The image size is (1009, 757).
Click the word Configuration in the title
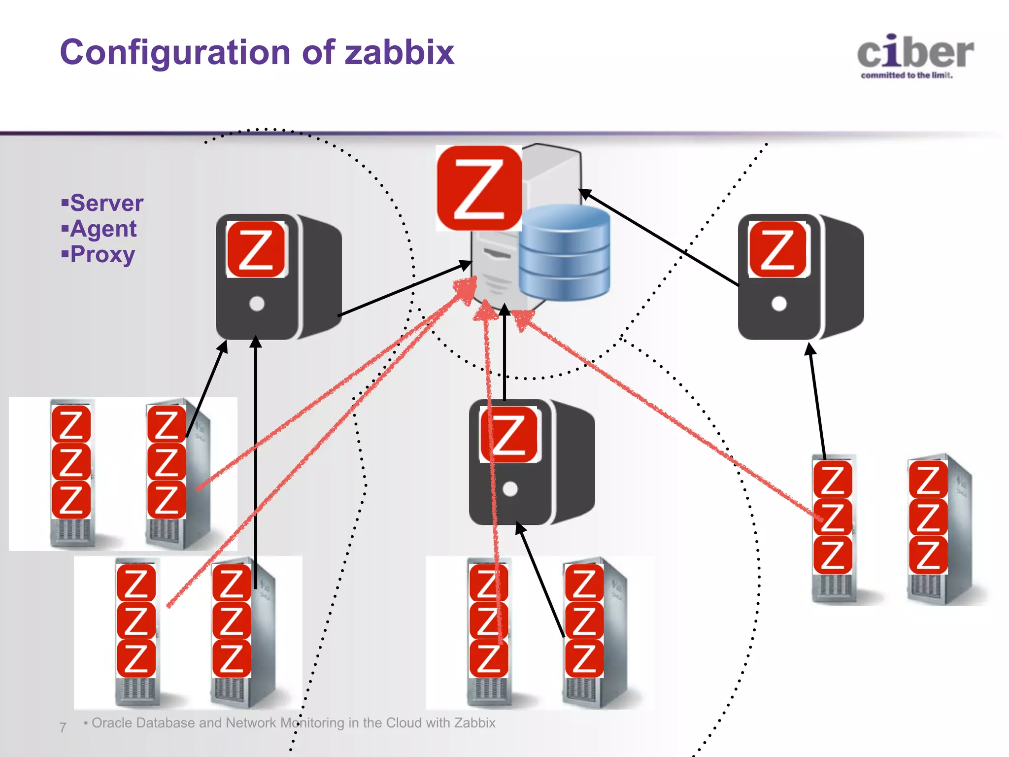[x=175, y=52]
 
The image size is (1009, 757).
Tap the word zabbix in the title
[x=399, y=52]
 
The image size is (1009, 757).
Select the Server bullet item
[x=106, y=203]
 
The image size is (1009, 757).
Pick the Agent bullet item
[x=103, y=229]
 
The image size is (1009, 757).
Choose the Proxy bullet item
[x=102, y=255]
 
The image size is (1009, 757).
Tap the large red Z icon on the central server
[x=479, y=188]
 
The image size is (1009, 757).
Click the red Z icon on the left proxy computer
[x=256, y=249]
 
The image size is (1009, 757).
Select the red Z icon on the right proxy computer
[x=777, y=249]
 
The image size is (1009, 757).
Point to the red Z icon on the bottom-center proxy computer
[x=509, y=435]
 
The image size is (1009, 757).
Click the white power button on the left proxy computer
[x=257, y=304]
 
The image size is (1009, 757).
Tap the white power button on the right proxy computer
[x=779, y=304]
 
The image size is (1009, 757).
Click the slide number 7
[x=63, y=727]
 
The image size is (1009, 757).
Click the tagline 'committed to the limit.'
[x=907, y=75]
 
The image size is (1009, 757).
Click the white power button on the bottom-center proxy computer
[x=510, y=489]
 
